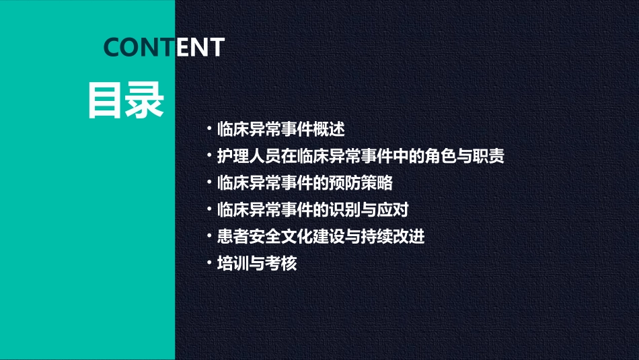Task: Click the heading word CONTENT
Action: [163, 47]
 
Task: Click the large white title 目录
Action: [126, 101]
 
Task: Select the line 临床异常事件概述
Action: [281, 129]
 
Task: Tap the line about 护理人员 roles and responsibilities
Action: [361, 156]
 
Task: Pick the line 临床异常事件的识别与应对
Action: [313, 210]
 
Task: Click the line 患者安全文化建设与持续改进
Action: [321, 237]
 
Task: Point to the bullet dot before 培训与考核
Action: [211, 264]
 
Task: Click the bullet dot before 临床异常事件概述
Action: [211, 129]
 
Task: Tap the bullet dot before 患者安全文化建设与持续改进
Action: [211, 237]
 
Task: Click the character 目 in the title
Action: [106, 101]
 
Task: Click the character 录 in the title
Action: [145, 101]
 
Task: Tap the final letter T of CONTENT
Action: [215, 47]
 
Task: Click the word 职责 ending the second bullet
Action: [489, 156]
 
